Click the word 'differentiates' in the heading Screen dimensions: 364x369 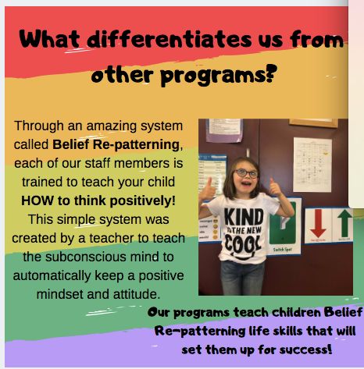coord(170,40)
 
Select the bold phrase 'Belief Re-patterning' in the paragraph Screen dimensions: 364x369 coord(116,144)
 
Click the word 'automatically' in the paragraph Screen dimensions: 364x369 coord(52,276)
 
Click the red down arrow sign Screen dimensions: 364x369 coord(318,224)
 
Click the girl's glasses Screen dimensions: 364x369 coord(246,173)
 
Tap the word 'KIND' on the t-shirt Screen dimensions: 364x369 coord(244,217)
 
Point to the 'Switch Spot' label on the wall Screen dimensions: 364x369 coord(283,250)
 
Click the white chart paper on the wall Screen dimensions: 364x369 coord(312,165)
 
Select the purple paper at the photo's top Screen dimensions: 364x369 coord(224,130)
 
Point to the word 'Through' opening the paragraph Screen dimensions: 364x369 coord(39,126)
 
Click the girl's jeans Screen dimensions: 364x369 coord(241,278)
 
